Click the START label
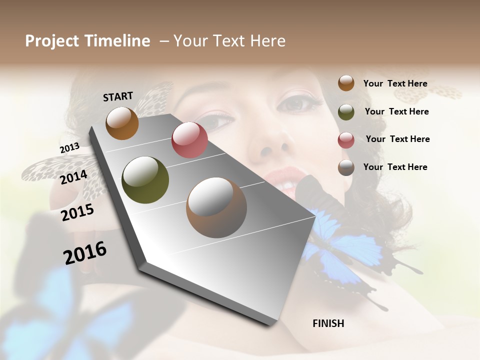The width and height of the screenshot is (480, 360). pyautogui.click(x=118, y=96)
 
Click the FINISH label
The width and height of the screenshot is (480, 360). pyautogui.click(x=328, y=323)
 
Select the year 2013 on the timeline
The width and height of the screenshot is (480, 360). pyautogui.click(x=69, y=148)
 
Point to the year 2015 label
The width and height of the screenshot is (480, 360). pyautogui.click(x=77, y=212)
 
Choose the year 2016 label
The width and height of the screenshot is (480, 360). pyautogui.click(x=85, y=253)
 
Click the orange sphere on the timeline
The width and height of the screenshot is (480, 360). pyautogui.click(x=122, y=123)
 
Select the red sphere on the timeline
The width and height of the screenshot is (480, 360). pyautogui.click(x=189, y=140)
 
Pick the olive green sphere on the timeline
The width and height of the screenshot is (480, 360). pyautogui.click(x=145, y=180)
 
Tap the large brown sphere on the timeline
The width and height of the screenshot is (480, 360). pyautogui.click(x=216, y=207)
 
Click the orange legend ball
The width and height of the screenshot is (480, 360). pyautogui.click(x=346, y=83)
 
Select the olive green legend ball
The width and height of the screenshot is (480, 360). pyautogui.click(x=346, y=112)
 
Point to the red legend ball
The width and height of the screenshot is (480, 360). pyautogui.click(x=346, y=140)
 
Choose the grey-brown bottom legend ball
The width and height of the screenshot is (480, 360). pyautogui.click(x=346, y=167)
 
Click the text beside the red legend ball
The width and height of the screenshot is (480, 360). pyautogui.click(x=397, y=139)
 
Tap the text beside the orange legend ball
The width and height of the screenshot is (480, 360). pyautogui.click(x=395, y=83)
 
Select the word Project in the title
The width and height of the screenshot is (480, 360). pyautogui.click(x=52, y=41)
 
